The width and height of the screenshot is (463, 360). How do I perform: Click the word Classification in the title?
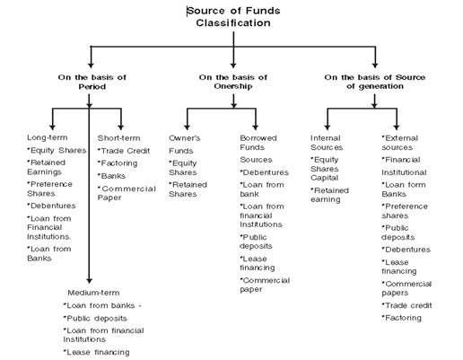(233, 22)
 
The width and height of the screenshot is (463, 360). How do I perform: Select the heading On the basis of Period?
(92, 82)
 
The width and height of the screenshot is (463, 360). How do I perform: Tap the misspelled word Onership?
(233, 86)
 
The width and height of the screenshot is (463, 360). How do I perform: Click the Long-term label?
(48, 137)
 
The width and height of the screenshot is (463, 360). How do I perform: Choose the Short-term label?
(118, 138)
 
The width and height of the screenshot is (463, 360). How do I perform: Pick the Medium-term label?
(93, 293)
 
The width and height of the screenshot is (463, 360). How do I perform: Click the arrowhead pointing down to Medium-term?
(89, 280)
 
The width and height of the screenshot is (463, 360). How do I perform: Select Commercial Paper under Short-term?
(127, 193)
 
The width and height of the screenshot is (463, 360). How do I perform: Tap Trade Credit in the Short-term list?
(124, 151)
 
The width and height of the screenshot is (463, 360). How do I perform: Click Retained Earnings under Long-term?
(46, 167)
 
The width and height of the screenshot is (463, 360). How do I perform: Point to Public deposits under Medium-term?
(95, 319)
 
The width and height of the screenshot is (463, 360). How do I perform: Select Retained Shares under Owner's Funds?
(188, 189)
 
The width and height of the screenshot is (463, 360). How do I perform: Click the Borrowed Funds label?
(258, 143)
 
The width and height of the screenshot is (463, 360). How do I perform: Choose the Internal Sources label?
(327, 143)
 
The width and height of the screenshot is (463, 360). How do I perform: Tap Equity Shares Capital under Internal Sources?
(325, 169)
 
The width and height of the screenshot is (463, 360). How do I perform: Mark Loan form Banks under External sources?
(404, 189)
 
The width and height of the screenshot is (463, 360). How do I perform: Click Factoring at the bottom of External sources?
(402, 318)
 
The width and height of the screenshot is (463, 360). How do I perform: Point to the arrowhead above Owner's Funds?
(188, 127)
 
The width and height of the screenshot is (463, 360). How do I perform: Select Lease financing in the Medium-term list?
(96, 353)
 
